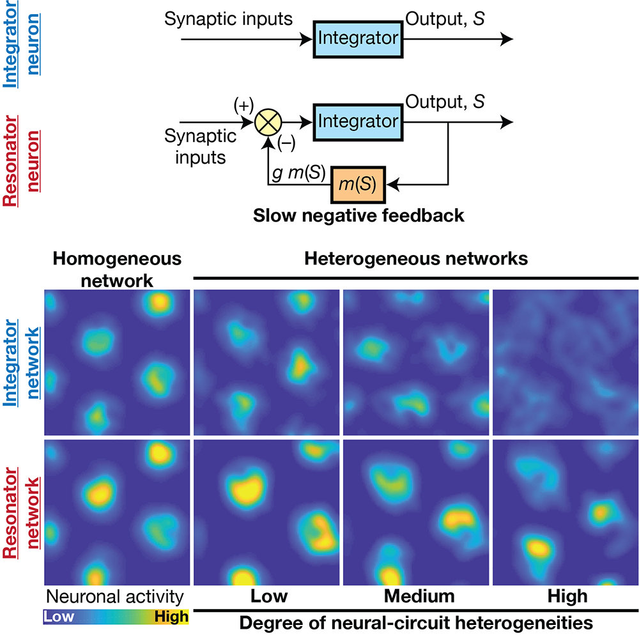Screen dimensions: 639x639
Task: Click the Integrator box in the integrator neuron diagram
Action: coord(358,38)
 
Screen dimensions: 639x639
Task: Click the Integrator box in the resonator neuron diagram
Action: coord(358,120)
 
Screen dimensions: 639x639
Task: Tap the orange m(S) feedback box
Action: coord(358,185)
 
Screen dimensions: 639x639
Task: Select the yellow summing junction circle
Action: coord(267,121)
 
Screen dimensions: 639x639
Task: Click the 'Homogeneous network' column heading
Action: coord(117,268)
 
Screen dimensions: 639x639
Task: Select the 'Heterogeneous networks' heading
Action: coord(416,259)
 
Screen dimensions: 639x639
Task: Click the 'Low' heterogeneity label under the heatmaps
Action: coord(268,597)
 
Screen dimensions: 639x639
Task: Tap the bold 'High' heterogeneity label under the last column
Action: coord(567,597)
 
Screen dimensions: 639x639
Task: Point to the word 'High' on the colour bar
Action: coord(171,617)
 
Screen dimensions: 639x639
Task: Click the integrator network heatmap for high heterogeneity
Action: coord(566,362)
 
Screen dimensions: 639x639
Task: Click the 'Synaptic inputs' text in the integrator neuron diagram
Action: coord(228,19)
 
